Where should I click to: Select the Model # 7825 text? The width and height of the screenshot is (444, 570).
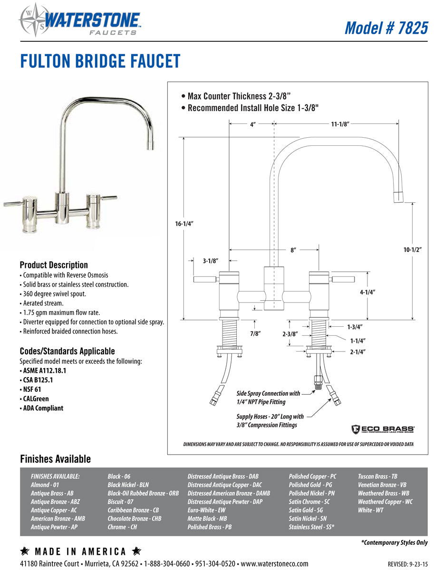pos(386,28)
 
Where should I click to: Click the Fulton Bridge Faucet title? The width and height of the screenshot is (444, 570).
pos(100,61)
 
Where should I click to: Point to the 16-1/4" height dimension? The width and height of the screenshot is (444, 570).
pos(184,223)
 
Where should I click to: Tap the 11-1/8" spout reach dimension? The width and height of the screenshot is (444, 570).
pos(340,124)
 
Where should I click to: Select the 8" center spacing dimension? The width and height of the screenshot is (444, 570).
pos(294,250)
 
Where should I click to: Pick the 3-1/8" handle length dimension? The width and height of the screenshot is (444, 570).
pos(211,261)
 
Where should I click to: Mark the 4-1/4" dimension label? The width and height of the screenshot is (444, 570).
pos(368,293)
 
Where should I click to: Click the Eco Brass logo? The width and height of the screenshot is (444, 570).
pos(382,429)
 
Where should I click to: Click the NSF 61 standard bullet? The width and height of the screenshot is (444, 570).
pos(32,389)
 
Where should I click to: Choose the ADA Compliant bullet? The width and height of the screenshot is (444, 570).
pos(43,408)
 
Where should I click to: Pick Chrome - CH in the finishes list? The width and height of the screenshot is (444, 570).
pos(122,527)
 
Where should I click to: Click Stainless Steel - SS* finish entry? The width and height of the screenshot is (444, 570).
pos(311,527)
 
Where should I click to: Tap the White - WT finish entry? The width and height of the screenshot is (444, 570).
pos(370,510)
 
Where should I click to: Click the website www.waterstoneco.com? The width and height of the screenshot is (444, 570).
pos(275,563)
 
